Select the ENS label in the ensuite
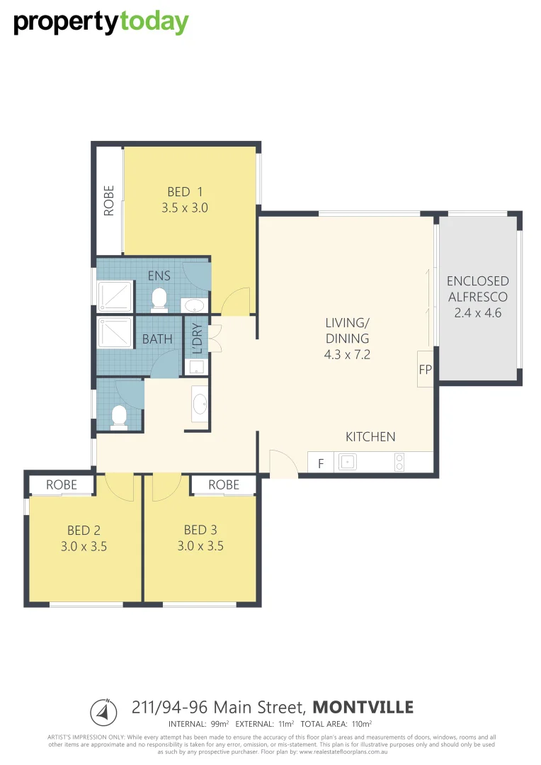[159, 276]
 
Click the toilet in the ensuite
[159, 299]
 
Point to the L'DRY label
[197, 338]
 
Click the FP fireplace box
[426, 369]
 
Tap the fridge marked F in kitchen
[321, 464]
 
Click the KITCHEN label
[370, 437]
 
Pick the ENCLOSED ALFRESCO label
[477, 288]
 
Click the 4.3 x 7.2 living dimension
[347, 355]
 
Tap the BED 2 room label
[78, 531]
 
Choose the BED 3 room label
[200, 530]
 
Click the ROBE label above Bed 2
[62, 485]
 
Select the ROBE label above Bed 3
[224, 485]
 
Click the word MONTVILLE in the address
[363, 707]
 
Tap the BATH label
[157, 339]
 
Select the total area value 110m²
[360, 724]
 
